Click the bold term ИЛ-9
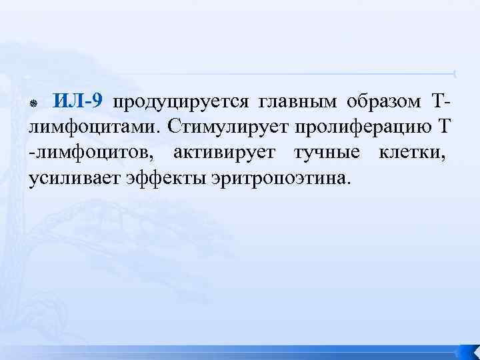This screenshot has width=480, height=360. tap(78, 102)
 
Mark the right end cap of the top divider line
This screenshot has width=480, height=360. tap(454, 73)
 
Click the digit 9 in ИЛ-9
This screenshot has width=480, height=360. tap(97, 102)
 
